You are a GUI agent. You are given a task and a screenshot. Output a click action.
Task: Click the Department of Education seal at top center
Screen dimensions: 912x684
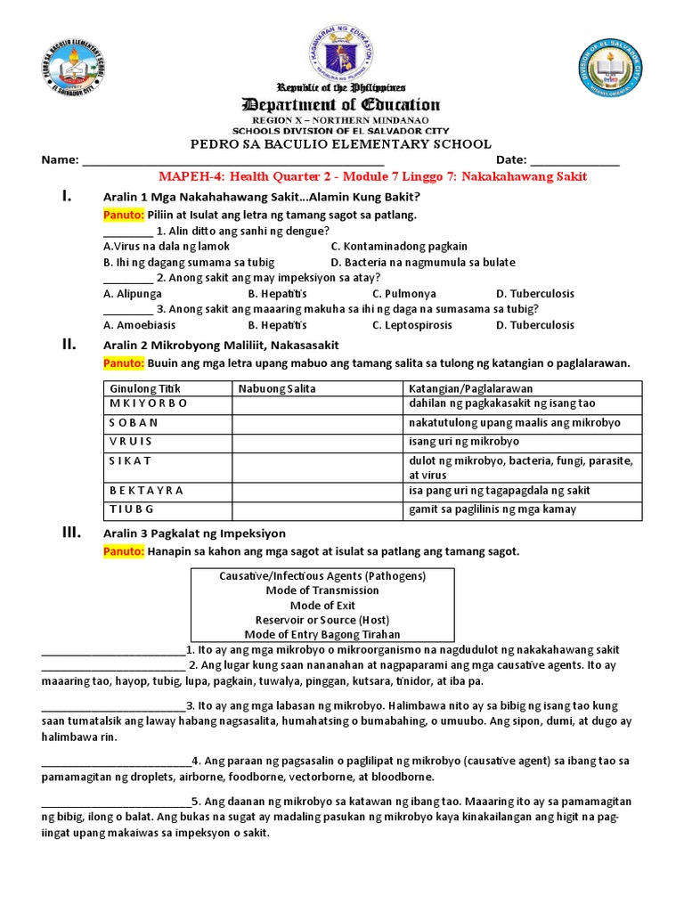(342, 53)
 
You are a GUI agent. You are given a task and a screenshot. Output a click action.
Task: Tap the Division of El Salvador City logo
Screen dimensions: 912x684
(612, 68)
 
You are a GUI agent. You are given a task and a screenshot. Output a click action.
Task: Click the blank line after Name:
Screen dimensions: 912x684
(232, 161)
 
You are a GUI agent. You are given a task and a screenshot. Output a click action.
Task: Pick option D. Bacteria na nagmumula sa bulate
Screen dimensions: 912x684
(422, 262)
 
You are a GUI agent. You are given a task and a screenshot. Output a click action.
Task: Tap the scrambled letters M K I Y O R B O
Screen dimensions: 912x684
(149, 403)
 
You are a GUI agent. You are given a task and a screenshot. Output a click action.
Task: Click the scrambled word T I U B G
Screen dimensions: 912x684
(132, 509)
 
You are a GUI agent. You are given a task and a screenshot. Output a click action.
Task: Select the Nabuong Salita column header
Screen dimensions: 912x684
(277, 388)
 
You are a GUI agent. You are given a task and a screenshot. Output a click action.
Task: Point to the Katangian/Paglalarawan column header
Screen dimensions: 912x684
(470, 388)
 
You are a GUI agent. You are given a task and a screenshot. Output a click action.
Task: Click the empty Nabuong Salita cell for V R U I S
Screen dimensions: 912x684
(317, 442)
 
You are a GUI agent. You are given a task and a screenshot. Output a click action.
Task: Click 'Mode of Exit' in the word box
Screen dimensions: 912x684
(322, 605)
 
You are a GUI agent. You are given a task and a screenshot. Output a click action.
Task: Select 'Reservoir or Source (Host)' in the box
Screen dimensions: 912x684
(322, 620)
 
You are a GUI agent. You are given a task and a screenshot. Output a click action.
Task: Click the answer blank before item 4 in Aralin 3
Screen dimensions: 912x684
(116, 761)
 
